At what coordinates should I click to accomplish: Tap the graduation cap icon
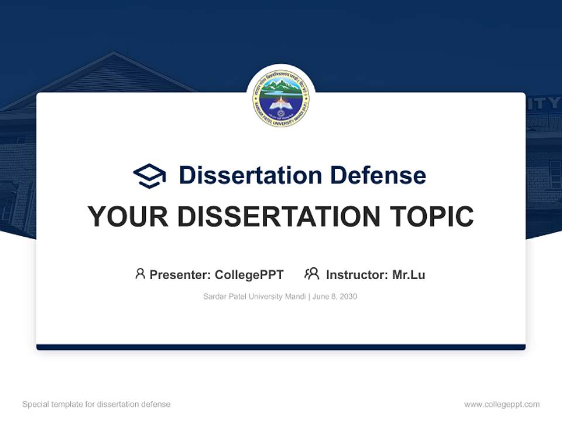click(149, 176)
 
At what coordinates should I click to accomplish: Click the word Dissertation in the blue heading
click(250, 175)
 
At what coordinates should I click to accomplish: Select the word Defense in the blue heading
click(378, 175)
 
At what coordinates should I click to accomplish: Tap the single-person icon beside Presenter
click(140, 274)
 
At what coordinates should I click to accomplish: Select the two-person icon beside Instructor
click(311, 274)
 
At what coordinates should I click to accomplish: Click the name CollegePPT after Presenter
click(249, 274)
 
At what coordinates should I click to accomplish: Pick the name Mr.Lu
click(409, 274)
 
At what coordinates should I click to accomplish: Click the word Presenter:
click(180, 274)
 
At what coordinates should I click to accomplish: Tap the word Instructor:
click(357, 274)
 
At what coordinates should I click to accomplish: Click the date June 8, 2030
click(335, 297)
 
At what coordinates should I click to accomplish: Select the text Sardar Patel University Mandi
click(254, 297)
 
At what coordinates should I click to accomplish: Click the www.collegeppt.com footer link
click(502, 404)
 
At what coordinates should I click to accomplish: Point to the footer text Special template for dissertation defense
click(96, 404)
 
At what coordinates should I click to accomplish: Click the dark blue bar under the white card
click(281, 347)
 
